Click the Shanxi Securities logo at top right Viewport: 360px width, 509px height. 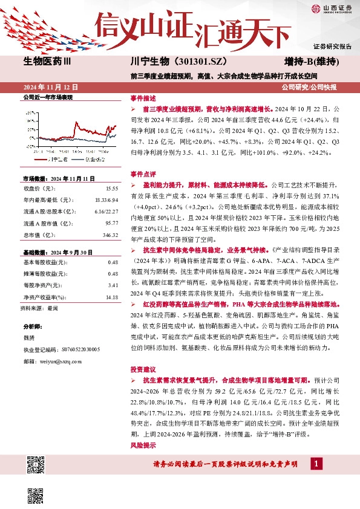coord(331,8)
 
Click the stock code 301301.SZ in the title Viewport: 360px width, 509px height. coord(203,61)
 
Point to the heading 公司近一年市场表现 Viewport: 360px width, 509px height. coord(47,97)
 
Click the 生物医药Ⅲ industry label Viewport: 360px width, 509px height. coord(47,61)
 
